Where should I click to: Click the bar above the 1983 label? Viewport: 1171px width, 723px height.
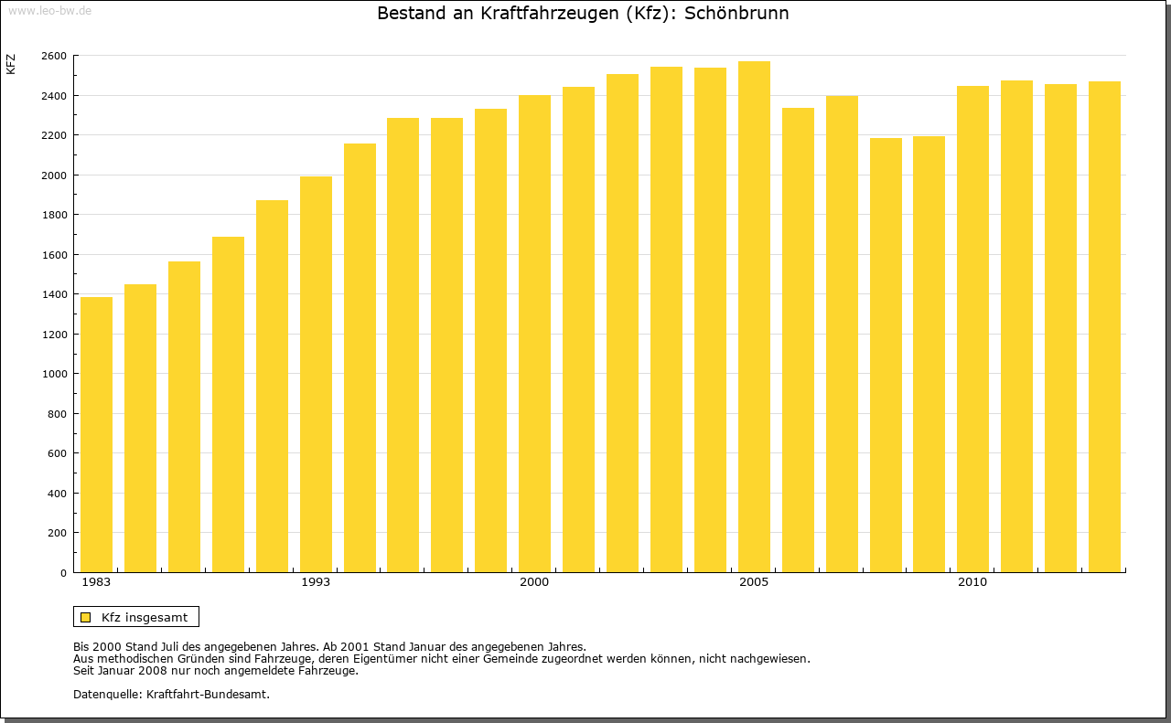pos(96,434)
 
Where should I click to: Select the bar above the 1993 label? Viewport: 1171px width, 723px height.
pos(316,375)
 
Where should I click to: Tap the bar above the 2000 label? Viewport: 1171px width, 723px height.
pos(534,334)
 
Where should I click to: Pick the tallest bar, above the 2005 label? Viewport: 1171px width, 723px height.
pos(754,316)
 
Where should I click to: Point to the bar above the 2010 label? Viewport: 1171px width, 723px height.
pos(972,329)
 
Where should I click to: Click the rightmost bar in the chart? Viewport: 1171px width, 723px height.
pos(1104,326)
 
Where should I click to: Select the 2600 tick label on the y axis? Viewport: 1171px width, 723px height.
pos(54,56)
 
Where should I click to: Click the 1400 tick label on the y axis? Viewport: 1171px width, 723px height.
pos(54,294)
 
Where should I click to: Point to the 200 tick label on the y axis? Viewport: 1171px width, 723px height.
pos(57,533)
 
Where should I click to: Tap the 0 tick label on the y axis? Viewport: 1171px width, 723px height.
pos(62,573)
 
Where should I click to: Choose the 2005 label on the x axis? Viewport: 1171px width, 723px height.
pos(754,582)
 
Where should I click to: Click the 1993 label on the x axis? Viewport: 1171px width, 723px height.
pos(316,582)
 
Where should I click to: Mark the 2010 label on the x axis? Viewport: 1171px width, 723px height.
pos(972,582)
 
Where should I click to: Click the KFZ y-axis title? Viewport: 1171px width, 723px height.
pos(11,64)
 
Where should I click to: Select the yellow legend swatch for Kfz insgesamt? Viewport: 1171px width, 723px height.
pos(85,617)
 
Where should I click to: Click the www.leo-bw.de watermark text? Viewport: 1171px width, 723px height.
pos(48,9)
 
